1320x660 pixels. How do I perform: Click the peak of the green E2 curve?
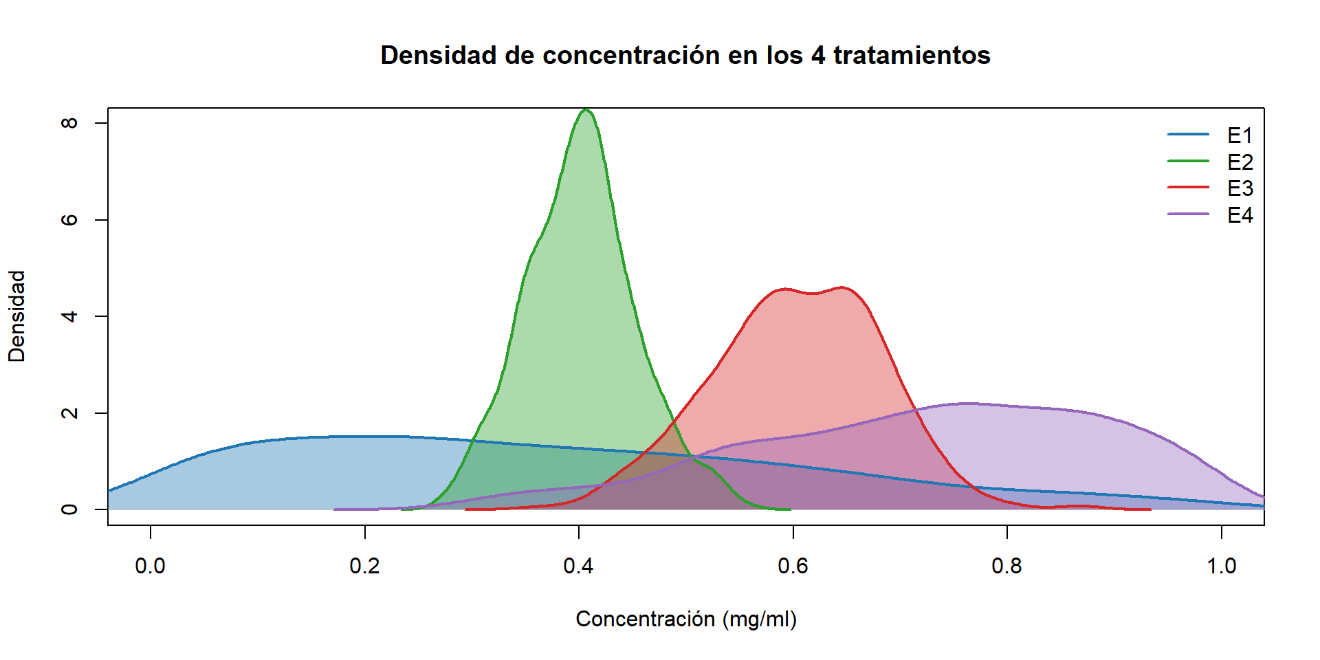pyautogui.click(x=586, y=110)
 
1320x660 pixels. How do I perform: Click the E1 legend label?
pyautogui.click(x=1240, y=135)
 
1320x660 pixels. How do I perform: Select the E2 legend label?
pyautogui.click(x=1240, y=162)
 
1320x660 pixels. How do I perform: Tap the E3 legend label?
pyautogui.click(x=1240, y=188)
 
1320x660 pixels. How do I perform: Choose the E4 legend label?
pyautogui.click(x=1240, y=215)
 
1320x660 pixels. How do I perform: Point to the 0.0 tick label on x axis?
pyautogui.click(x=150, y=566)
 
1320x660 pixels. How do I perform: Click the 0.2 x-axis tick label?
pyautogui.click(x=364, y=566)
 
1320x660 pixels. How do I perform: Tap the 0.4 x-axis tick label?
pyautogui.click(x=578, y=566)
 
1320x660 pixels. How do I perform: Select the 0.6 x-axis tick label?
pyautogui.click(x=793, y=566)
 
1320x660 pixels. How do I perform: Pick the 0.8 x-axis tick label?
pyautogui.click(x=1006, y=566)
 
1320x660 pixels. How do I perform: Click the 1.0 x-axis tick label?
pyautogui.click(x=1221, y=566)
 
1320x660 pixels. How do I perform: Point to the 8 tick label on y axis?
pyautogui.click(x=69, y=123)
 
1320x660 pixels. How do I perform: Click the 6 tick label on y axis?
pyautogui.click(x=69, y=220)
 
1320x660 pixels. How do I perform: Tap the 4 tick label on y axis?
pyautogui.click(x=69, y=316)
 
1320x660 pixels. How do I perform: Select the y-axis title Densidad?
pyautogui.click(x=16, y=316)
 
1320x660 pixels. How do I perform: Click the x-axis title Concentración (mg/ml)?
pyautogui.click(x=685, y=619)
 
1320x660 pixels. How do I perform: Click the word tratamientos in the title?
pyautogui.click(x=912, y=56)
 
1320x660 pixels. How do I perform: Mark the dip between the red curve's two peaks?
pyautogui.click(x=814, y=294)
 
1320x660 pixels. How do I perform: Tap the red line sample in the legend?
pyautogui.click(x=1188, y=187)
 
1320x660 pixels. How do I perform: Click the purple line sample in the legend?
pyautogui.click(x=1188, y=214)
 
